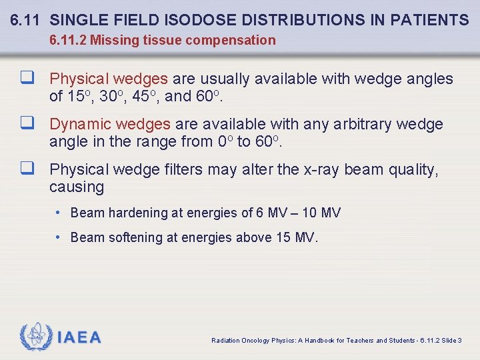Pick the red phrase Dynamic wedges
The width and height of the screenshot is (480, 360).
(110, 124)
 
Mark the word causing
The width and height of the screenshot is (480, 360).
(77, 187)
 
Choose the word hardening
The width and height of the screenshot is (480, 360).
(137, 213)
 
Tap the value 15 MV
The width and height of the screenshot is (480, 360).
(296, 237)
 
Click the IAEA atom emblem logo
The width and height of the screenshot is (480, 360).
(35, 337)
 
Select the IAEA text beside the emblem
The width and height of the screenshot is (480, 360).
(79, 337)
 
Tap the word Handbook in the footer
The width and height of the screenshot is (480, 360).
(320, 341)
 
